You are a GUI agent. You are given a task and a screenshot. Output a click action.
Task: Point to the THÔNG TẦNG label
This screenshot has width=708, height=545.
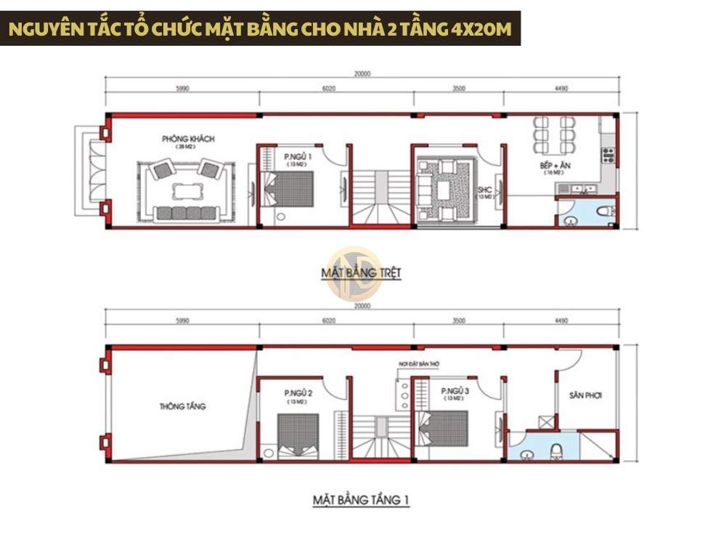click(182, 406)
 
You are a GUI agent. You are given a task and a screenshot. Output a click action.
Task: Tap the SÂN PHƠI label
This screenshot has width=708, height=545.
click(585, 395)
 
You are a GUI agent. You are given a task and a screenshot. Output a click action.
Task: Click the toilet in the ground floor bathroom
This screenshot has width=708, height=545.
click(601, 211)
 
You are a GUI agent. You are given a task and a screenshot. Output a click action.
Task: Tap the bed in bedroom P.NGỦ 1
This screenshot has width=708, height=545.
click(288, 189)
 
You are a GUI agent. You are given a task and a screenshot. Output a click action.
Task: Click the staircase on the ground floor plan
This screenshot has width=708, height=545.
click(380, 200)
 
